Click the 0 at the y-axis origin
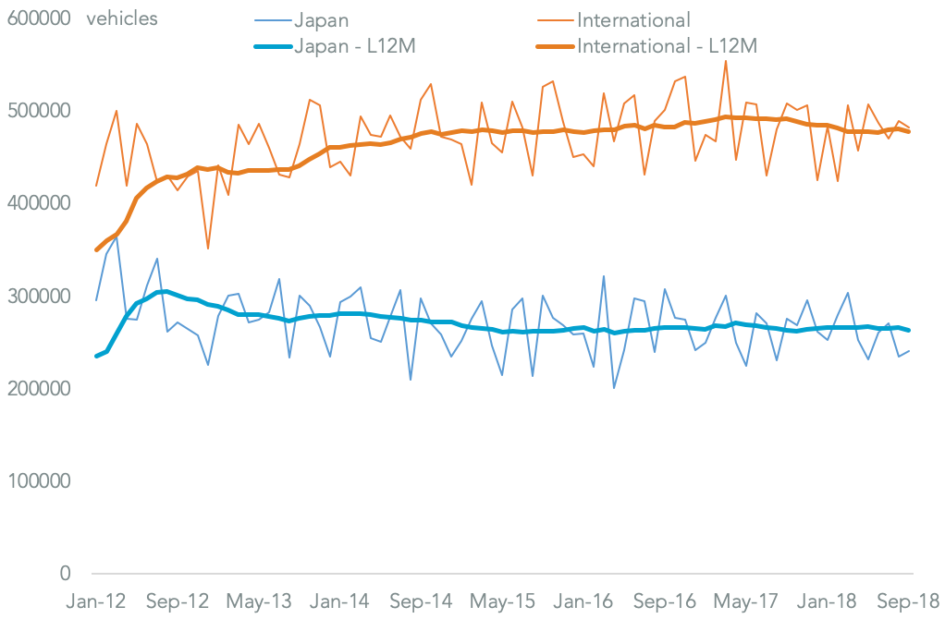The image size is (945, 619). [65, 574]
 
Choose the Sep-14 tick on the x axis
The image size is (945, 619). [421, 601]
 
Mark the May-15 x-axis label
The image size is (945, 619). [502, 601]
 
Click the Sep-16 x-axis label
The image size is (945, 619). [666, 601]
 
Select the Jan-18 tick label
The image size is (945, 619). [828, 601]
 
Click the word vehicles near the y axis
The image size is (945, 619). [122, 18]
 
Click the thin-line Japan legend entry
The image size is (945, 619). [321, 19]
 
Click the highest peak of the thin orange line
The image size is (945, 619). [726, 62]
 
